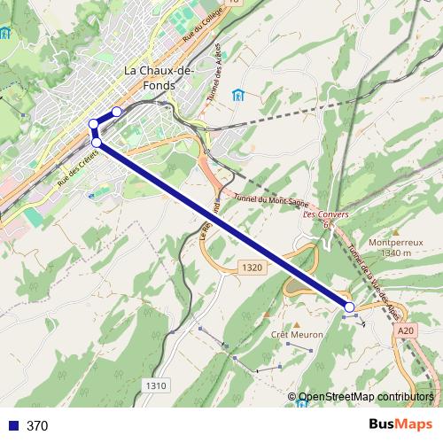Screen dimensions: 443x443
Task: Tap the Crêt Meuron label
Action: point(298,336)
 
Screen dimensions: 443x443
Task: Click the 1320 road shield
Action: point(251,267)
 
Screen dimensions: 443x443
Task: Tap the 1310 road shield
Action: point(155,385)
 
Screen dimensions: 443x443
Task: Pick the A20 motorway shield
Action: point(406,330)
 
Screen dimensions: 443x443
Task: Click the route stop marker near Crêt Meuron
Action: point(350,307)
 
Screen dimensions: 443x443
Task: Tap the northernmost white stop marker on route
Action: point(116,113)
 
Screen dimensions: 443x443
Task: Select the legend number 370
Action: point(37,426)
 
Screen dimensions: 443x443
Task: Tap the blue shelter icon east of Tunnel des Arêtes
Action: point(237,96)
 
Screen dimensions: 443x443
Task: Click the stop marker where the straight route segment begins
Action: point(96,142)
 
